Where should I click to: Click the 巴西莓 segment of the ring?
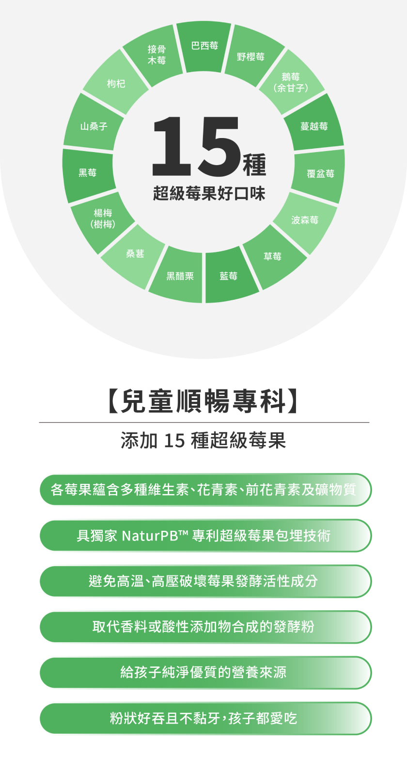[x=204, y=46]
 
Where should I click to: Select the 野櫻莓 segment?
[x=251, y=57]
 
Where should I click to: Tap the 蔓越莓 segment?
[x=314, y=126]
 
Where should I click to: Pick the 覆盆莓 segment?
[x=320, y=174]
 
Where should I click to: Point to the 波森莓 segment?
[x=304, y=220]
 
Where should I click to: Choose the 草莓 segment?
[x=272, y=257]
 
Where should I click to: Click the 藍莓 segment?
[x=229, y=276]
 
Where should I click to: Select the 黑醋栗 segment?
[x=180, y=276]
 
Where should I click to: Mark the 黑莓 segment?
[x=88, y=173]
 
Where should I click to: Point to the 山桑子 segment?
[x=94, y=126]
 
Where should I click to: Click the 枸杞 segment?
[x=116, y=84]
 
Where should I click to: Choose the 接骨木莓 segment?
[x=157, y=55]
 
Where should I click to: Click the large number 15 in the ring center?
[x=196, y=146]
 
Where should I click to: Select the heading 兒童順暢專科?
[x=203, y=401]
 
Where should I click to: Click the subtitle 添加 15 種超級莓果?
[x=203, y=440]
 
